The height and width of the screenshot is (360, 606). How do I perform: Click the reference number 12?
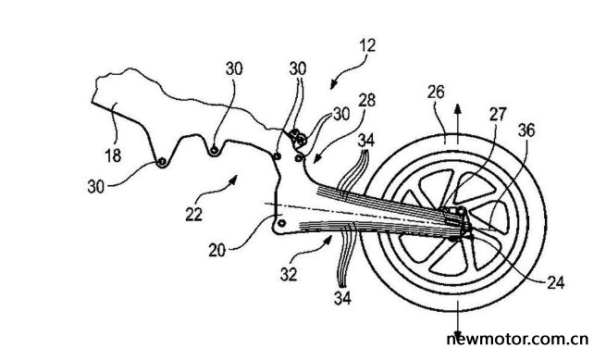pyautogui.click(x=367, y=45)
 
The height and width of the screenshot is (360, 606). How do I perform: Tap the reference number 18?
pyautogui.click(x=113, y=155)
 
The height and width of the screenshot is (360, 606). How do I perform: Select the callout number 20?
pyautogui.click(x=216, y=251)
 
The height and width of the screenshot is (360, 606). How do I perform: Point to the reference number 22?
pyautogui.click(x=193, y=214)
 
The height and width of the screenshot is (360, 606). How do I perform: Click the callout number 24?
pyautogui.click(x=556, y=282)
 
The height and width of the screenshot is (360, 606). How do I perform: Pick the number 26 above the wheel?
pyautogui.click(x=436, y=92)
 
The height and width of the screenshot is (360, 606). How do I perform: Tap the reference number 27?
pyautogui.click(x=498, y=114)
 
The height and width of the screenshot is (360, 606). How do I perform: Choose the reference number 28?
pyautogui.click(x=366, y=100)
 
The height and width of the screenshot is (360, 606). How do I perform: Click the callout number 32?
pyautogui.click(x=289, y=274)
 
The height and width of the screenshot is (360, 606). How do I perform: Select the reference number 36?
pyautogui.click(x=526, y=130)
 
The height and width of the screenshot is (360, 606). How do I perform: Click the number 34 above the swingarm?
pyautogui.click(x=365, y=140)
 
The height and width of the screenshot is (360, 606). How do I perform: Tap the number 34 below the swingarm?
pyautogui.click(x=342, y=298)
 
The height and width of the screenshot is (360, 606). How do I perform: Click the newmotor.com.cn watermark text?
pyautogui.click(x=517, y=339)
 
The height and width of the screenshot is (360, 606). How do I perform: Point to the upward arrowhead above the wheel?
pyautogui.click(x=458, y=108)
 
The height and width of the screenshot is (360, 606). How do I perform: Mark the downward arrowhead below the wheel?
pyautogui.click(x=458, y=334)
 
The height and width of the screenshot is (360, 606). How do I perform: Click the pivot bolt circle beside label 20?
pyautogui.click(x=282, y=223)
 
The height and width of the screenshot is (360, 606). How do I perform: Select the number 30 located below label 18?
pyautogui.click(x=96, y=187)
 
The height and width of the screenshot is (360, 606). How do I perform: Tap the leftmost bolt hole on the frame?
pyautogui.click(x=162, y=162)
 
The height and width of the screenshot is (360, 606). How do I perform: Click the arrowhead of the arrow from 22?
pyautogui.click(x=233, y=179)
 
